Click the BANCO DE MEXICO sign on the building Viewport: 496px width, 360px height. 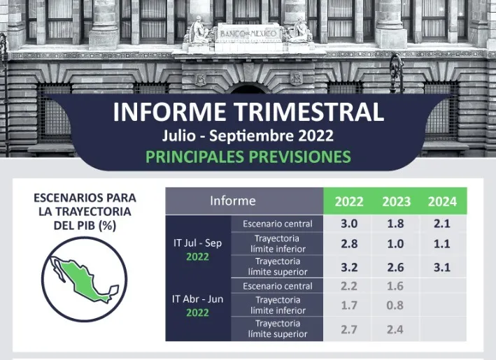[x=248, y=34]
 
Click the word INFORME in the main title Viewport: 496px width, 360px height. [x=169, y=112]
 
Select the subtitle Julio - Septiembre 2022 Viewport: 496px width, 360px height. [x=248, y=136]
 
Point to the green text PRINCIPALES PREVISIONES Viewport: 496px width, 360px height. [x=248, y=157]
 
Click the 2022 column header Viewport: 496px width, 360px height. [x=349, y=201]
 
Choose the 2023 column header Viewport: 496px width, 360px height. [x=396, y=201]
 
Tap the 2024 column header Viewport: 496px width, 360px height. [x=442, y=201]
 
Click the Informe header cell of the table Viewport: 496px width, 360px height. [x=233, y=201]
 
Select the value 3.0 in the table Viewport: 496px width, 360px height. [x=349, y=224]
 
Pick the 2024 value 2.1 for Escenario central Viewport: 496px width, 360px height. [x=442, y=224]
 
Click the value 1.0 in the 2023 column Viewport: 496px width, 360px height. [x=395, y=244]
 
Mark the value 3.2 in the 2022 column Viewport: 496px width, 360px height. [x=349, y=268]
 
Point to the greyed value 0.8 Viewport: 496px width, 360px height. [x=395, y=305]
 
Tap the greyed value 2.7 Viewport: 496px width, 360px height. [x=349, y=330]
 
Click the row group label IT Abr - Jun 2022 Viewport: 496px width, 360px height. [x=198, y=305]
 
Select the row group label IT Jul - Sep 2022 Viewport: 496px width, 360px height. [x=198, y=250]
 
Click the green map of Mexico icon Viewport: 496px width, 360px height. [x=85, y=280]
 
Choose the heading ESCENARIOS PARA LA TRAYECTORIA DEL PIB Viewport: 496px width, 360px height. [x=85, y=211]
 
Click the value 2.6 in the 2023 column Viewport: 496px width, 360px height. [x=395, y=268]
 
